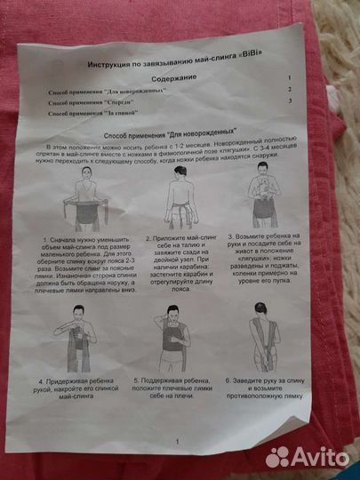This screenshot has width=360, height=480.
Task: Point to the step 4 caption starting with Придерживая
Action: pyautogui.click(x=87, y=394)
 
